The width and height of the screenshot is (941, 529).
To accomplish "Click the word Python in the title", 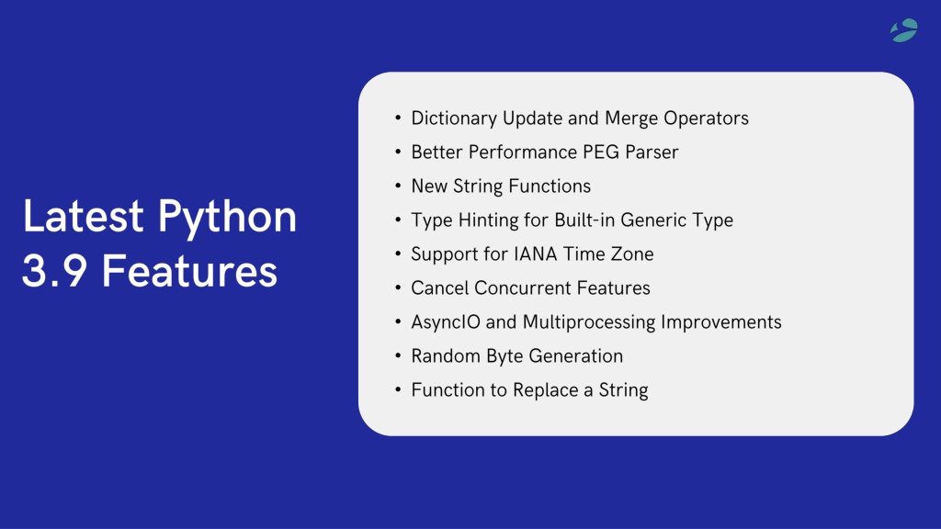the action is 227,218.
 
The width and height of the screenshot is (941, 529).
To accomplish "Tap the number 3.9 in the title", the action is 54,271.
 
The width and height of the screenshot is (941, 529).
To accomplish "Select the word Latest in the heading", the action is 83,215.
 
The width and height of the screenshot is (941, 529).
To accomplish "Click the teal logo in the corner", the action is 904,30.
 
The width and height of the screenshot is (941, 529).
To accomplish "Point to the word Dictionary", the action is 454,118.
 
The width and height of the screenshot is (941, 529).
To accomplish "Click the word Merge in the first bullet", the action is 631,118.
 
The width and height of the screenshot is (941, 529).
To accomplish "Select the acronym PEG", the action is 591,152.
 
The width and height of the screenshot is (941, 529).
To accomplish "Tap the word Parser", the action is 652,152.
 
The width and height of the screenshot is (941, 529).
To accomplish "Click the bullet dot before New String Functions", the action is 398,186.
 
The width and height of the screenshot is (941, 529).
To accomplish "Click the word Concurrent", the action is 522,287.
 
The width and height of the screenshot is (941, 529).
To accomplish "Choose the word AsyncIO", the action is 446,322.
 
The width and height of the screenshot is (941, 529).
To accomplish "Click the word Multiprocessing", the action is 589,322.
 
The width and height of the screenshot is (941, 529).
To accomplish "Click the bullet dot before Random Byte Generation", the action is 398,355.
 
